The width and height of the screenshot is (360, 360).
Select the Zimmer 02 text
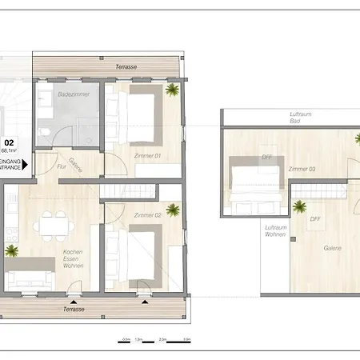pos(148,216)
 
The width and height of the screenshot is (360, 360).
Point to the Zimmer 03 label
pos(302,170)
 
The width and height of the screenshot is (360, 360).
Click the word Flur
pos(62,167)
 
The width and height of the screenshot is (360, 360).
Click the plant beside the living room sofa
pos(14,250)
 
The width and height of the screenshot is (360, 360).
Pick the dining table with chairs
pos(54,224)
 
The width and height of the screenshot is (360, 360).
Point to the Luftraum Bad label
pos(301,118)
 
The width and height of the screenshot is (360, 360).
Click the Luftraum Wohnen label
pos(274,232)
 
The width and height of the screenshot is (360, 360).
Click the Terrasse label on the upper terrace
pos(124,66)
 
